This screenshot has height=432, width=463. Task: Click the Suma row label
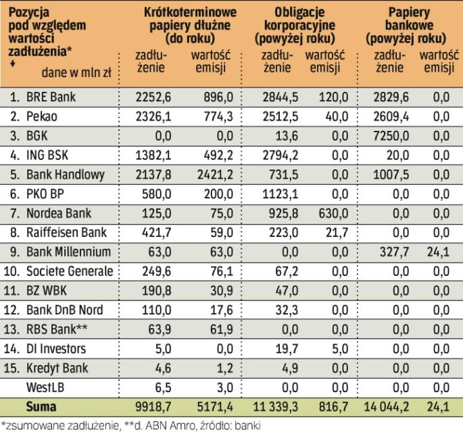pos(41,408)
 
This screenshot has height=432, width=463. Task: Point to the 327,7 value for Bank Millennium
pos(392,252)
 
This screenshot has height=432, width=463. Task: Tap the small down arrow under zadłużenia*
pos(13,64)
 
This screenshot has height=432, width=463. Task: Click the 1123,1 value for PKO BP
pos(275,194)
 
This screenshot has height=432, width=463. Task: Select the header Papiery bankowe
pos(412,26)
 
